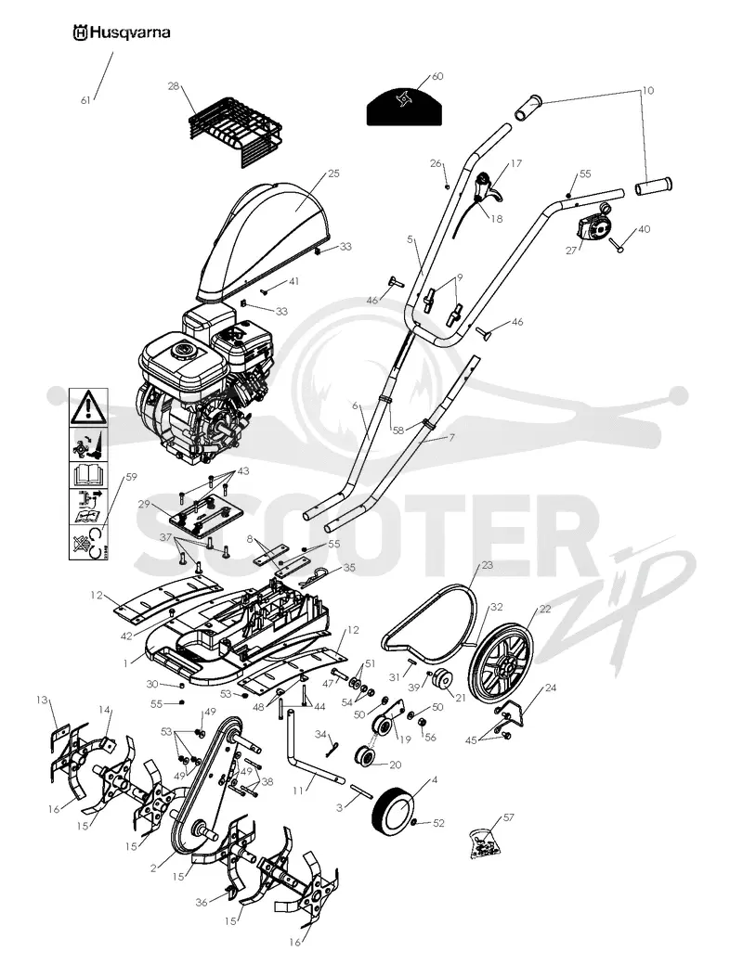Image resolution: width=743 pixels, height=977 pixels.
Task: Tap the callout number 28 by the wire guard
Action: coord(174,85)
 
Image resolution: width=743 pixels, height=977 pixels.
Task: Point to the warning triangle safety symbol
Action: coord(88,406)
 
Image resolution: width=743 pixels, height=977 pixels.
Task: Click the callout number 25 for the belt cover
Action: coord(333,174)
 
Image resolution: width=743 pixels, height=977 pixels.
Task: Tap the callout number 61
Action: coord(85,100)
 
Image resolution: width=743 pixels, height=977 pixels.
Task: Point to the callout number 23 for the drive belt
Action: coord(488,566)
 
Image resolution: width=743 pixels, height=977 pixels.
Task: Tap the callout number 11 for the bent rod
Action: coord(297,791)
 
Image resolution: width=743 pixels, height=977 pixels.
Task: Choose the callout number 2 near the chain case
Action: coord(153,868)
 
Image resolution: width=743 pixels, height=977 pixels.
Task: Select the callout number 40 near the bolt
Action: coord(644,229)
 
